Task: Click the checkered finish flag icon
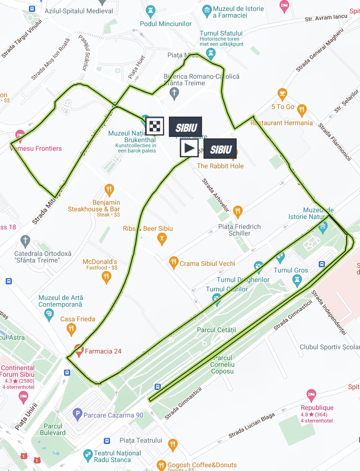click(x=155, y=127)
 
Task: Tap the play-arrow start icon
click(x=189, y=148)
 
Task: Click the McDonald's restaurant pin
click(x=106, y=278)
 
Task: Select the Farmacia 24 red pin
click(x=79, y=351)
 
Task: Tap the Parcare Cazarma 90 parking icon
click(x=77, y=415)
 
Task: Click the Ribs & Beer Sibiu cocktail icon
click(x=162, y=239)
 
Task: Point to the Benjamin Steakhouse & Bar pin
click(x=109, y=190)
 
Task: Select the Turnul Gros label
click(x=291, y=271)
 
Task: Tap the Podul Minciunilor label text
click(x=162, y=24)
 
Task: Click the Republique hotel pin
click(x=311, y=394)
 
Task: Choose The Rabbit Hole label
click(x=220, y=166)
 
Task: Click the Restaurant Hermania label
click(x=282, y=123)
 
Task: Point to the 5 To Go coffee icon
click(x=283, y=93)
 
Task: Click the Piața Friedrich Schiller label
click(x=240, y=230)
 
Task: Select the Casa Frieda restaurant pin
click(x=71, y=328)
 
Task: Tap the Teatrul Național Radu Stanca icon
click(x=87, y=456)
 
